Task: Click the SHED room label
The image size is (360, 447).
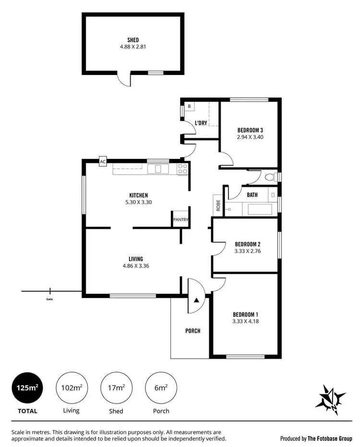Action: (x=132, y=40)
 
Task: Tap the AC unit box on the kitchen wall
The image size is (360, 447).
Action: (x=103, y=162)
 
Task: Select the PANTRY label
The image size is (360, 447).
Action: (x=181, y=220)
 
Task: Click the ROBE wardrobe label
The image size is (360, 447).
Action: (x=218, y=205)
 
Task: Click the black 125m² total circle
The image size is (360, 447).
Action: (x=27, y=388)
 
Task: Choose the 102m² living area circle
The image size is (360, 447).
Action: (x=72, y=388)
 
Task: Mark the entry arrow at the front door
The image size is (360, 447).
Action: (x=196, y=300)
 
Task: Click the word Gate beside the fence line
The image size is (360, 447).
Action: (x=50, y=299)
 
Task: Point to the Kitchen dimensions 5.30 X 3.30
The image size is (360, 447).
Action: (x=138, y=202)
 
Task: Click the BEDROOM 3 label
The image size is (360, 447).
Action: (x=250, y=130)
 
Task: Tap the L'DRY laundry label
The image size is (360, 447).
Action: (x=201, y=123)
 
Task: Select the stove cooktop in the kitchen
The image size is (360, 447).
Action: (x=182, y=169)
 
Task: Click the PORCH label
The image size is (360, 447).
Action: (x=193, y=331)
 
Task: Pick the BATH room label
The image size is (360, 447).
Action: (x=252, y=195)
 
